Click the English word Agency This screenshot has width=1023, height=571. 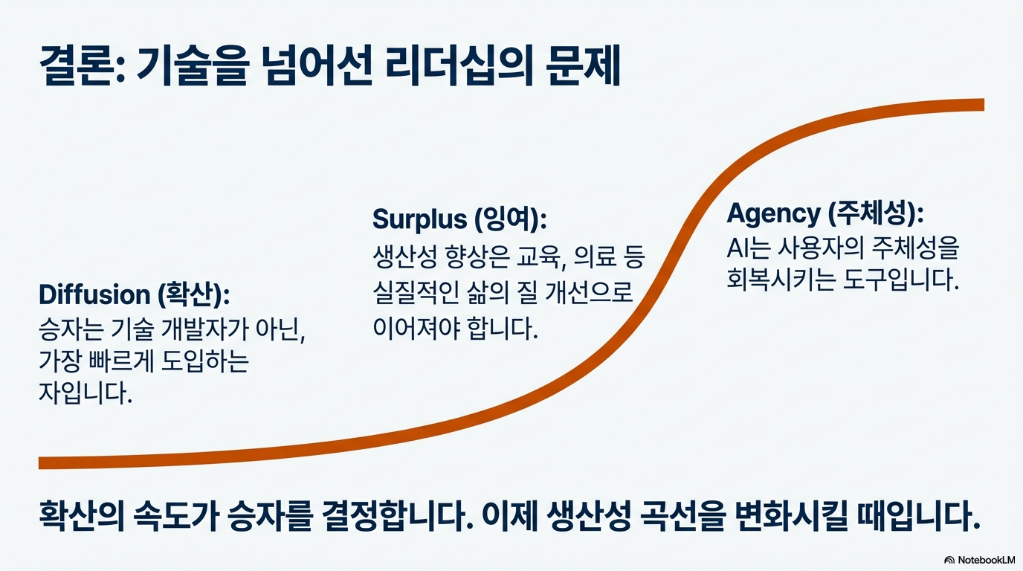click(772, 214)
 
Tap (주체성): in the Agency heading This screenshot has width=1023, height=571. click(876, 214)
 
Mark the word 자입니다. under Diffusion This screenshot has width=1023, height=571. click(85, 393)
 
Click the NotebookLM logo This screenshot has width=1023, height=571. click(979, 559)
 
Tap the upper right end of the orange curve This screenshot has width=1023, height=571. click(980, 105)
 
